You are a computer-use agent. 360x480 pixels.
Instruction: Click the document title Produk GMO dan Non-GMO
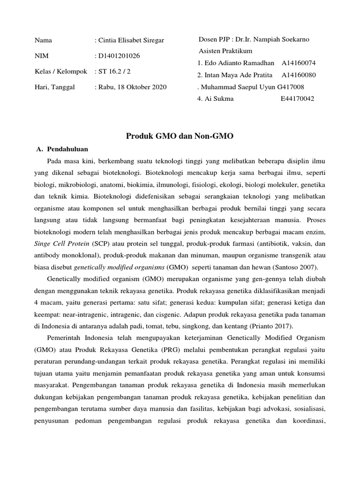click(180, 136)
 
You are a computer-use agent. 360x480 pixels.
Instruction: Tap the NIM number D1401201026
click(118, 56)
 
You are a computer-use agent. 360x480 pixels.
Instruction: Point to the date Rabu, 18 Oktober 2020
click(132, 87)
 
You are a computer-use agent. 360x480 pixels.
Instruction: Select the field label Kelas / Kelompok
click(61, 71)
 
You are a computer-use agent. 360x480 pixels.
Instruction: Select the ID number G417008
click(291, 87)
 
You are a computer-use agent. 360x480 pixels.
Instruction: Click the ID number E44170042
click(298, 99)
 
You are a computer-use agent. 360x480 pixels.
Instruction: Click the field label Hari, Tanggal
click(55, 87)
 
